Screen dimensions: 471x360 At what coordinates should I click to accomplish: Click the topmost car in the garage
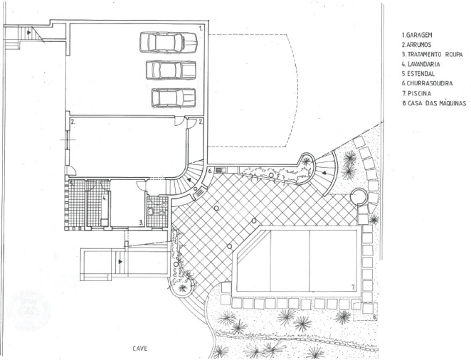(x=169, y=43)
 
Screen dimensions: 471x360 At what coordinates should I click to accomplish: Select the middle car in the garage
(x=171, y=70)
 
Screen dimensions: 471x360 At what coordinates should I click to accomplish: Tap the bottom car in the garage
(x=174, y=97)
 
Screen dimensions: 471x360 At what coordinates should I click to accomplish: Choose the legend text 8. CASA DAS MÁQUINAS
(x=434, y=103)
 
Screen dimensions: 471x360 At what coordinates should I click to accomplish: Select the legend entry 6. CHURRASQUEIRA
(x=427, y=83)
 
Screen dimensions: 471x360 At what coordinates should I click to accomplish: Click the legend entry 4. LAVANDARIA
(x=420, y=64)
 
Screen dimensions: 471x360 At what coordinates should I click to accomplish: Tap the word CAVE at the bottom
(x=140, y=349)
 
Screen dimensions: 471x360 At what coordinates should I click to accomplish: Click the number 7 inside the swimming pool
(x=354, y=287)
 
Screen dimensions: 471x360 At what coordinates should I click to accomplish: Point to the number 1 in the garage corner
(x=201, y=28)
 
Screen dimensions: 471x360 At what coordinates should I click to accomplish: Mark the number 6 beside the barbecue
(x=211, y=171)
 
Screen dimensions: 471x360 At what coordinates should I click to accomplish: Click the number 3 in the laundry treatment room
(x=141, y=223)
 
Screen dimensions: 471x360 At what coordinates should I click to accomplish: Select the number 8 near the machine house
(x=374, y=316)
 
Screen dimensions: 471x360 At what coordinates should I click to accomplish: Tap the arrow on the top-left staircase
(x=29, y=32)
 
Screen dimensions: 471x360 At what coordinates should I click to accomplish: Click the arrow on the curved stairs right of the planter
(x=324, y=173)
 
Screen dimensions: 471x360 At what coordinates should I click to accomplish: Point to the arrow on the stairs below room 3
(x=120, y=262)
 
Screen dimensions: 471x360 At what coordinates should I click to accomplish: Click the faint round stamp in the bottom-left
(x=28, y=310)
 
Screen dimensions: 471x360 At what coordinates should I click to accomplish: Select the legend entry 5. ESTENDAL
(x=418, y=74)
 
